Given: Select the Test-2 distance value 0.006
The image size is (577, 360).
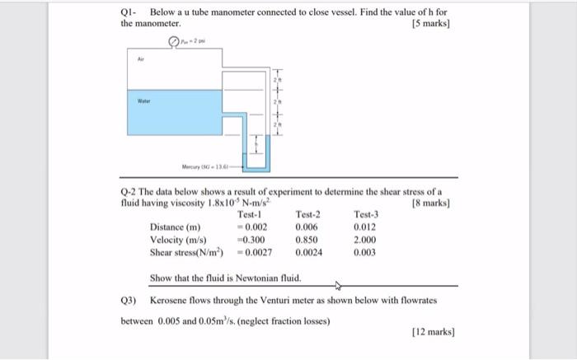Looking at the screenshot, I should click(x=306, y=227).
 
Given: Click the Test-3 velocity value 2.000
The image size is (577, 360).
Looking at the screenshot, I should click(x=365, y=240).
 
